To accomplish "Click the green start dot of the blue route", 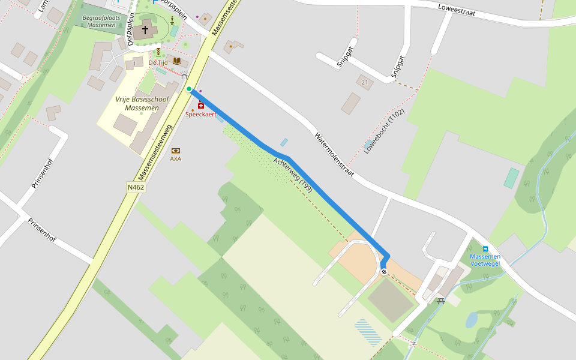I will click(189, 89).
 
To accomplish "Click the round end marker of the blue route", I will click(384, 272).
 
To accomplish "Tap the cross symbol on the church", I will click(145, 29).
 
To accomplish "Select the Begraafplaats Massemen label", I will click(101, 21).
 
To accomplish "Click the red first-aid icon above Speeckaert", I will click(200, 106).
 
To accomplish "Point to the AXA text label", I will click(175, 159).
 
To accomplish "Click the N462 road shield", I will click(136, 187).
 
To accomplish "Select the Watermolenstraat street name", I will click(334, 154).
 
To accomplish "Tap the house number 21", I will click(364, 82).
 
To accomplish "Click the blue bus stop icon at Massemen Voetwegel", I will click(485, 249).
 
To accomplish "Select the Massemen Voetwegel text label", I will click(485, 260).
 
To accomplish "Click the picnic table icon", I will click(441, 301).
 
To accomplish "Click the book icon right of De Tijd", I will click(176, 61).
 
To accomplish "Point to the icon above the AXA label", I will click(175, 151).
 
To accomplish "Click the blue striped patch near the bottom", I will click(368, 332).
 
